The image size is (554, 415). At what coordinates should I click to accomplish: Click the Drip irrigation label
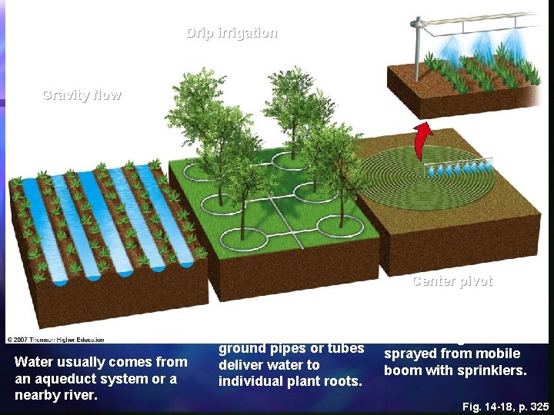point(232,33)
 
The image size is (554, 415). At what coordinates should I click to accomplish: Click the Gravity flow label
point(82,95)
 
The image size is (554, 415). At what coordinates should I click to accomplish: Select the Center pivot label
point(452,281)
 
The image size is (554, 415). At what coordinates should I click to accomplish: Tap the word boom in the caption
point(402,370)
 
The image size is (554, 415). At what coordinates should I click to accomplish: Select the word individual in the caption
point(249,381)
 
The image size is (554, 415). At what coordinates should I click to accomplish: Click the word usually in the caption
point(79,362)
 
